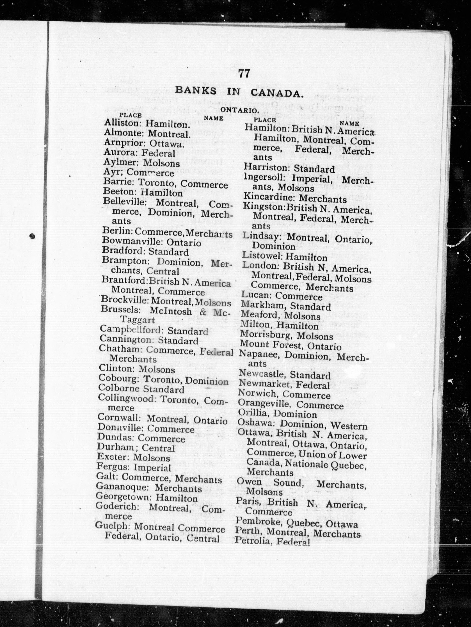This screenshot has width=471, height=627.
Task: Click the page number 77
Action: (244, 73)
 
